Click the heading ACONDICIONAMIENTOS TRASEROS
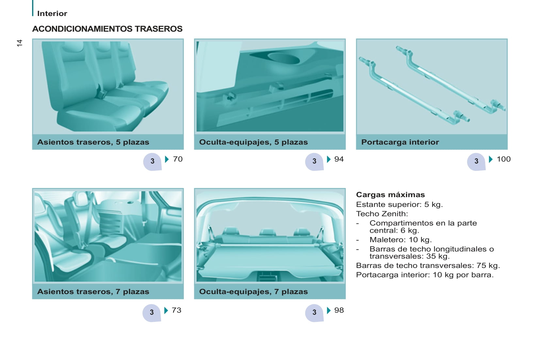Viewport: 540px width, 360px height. click(107, 29)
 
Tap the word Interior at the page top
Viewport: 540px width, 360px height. click(52, 13)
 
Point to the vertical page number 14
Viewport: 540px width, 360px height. click(20, 43)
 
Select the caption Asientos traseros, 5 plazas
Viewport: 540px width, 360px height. click(93, 142)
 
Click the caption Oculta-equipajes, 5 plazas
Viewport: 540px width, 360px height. click(253, 142)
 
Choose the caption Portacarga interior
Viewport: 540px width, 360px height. click(400, 142)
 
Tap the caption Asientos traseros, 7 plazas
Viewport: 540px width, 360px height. click(93, 291)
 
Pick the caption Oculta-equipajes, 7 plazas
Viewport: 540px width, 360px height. click(253, 291)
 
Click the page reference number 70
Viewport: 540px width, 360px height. click(178, 159)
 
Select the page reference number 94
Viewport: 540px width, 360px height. click(339, 159)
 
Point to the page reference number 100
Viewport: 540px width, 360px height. click(504, 159)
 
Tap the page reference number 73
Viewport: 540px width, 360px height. click(177, 310)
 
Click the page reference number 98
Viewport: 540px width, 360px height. click(339, 310)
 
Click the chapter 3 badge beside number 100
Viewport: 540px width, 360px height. click(476, 162)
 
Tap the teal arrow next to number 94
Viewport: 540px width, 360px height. click(328, 159)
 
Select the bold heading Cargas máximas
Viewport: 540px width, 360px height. click(390, 195)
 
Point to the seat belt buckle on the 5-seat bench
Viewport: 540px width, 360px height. click(101, 93)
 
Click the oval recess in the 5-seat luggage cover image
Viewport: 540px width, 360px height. click(284, 58)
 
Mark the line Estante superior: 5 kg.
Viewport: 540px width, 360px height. click(400, 205)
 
